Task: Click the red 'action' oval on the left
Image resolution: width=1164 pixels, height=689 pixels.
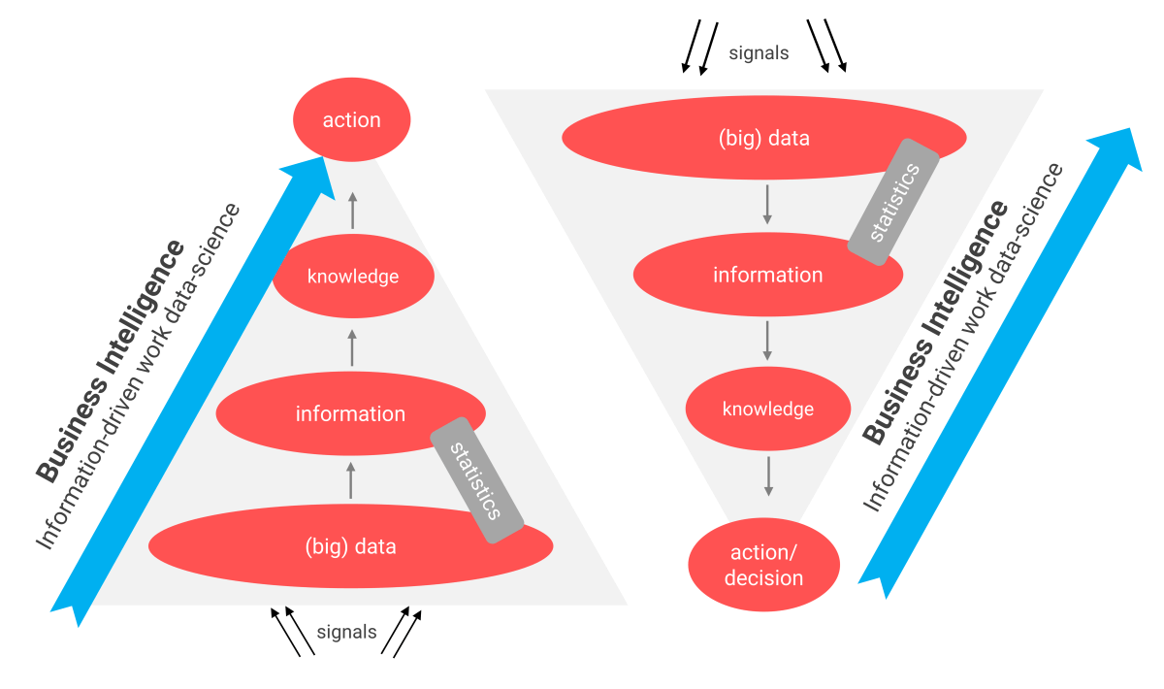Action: pyautogui.click(x=351, y=120)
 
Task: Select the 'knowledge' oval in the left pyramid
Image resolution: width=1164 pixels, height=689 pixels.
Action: pyautogui.click(x=352, y=277)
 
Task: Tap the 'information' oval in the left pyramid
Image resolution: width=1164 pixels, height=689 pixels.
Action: pyautogui.click(x=350, y=414)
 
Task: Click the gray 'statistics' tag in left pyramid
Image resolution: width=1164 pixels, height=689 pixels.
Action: pyautogui.click(x=476, y=480)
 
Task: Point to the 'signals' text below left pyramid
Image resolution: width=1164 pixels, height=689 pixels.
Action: pyautogui.click(x=346, y=632)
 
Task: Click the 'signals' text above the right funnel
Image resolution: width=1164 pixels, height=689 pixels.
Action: pyautogui.click(x=759, y=53)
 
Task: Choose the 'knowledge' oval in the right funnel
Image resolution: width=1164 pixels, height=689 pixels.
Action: pyautogui.click(x=767, y=409)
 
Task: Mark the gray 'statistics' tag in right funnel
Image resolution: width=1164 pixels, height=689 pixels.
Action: pyautogui.click(x=894, y=202)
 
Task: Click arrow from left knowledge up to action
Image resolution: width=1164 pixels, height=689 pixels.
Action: pyautogui.click(x=352, y=210)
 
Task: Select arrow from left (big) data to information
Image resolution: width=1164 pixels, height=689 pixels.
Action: pyautogui.click(x=351, y=481)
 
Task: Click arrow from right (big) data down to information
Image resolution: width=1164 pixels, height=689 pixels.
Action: pyautogui.click(x=767, y=203)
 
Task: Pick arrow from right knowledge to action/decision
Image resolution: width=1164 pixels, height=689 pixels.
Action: pyautogui.click(x=769, y=475)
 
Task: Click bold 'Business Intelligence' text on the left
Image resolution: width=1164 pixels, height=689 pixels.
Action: pyautogui.click(x=110, y=359)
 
